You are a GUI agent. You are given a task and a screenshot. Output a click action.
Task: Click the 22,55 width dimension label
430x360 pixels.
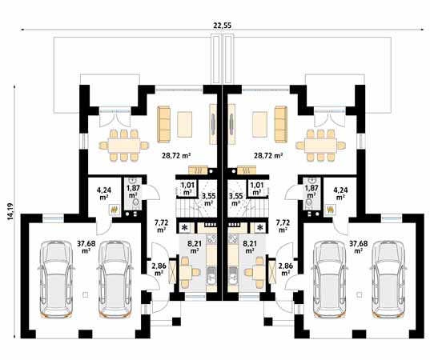pos(223,26)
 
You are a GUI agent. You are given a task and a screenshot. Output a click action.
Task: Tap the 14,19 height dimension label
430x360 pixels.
pos(10,211)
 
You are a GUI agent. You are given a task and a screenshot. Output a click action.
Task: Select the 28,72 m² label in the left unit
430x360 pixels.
pos(176,156)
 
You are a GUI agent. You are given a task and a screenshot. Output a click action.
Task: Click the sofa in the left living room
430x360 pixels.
pos(163,124)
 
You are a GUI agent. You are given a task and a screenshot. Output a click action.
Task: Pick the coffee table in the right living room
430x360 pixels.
pos(259,124)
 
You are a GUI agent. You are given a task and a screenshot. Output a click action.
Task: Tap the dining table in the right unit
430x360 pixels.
pos(320,146)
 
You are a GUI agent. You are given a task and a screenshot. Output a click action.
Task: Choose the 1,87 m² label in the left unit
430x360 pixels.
pos(132,191)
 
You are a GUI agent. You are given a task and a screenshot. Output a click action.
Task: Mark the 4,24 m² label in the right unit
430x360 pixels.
pos(340,193)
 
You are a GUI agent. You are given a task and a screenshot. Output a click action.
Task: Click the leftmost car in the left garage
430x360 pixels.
pos(56,279)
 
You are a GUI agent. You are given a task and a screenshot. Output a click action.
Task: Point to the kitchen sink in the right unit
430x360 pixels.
pos(233,275)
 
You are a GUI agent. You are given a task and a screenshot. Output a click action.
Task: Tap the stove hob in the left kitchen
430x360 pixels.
pos(211,239)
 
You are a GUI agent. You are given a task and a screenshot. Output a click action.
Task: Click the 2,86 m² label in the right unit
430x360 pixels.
pos(286,269)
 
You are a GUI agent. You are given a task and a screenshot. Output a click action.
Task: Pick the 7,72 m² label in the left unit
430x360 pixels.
pos(161,226)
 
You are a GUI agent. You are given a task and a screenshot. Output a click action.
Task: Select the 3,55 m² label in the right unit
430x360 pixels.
pos(235,200)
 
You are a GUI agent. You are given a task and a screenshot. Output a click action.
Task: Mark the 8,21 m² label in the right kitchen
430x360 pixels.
pos(249,246)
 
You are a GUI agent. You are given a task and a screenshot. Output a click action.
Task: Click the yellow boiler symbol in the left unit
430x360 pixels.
pos(114,210)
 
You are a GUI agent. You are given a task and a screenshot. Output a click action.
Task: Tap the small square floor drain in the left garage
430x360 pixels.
pos(86,294)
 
